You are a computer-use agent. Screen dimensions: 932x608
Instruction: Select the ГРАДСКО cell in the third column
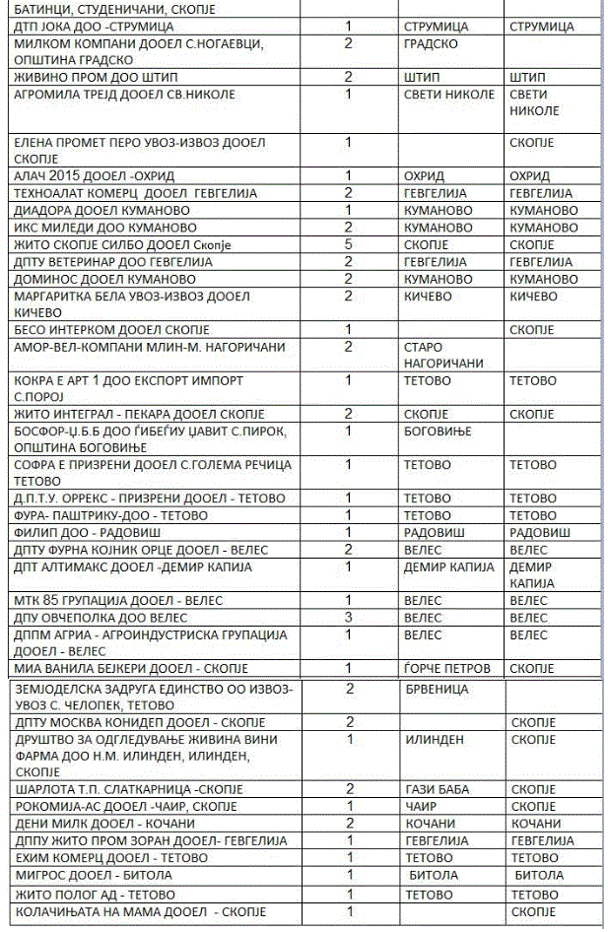click(x=431, y=44)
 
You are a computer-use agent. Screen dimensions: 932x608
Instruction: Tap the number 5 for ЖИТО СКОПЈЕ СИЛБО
click(x=349, y=244)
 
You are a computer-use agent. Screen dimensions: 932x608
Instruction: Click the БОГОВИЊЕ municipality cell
click(x=438, y=431)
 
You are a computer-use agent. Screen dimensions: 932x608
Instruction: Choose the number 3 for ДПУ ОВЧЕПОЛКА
click(x=349, y=617)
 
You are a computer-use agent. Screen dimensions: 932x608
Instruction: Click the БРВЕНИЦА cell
click(x=436, y=689)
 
